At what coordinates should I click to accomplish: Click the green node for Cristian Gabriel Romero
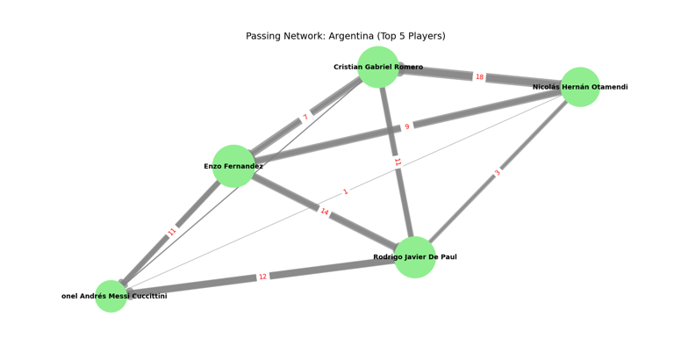click(378, 67)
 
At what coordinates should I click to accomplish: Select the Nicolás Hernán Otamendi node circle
click(580, 87)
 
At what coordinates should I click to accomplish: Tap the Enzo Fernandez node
click(233, 166)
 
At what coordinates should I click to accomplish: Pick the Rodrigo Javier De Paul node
click(415, 257)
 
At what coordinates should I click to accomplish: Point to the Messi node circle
click(111, 296)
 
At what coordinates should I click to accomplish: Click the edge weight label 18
click(479, 77)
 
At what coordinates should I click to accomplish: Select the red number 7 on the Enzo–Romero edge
click(305, 117)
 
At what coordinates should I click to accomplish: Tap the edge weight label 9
click(406, 126)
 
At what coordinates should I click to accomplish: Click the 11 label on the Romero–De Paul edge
click(397, 162)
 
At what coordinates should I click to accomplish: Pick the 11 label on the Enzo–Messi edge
click(172, 232)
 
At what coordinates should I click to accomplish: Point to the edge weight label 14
click(325, 212)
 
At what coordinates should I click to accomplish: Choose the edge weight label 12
click(262, 277)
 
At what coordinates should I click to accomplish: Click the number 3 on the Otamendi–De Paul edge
click(498, 173)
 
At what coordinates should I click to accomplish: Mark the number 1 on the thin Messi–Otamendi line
click(345, 192)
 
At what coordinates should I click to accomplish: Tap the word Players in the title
click(424, 36)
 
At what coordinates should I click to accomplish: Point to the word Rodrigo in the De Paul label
click(391, 257)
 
